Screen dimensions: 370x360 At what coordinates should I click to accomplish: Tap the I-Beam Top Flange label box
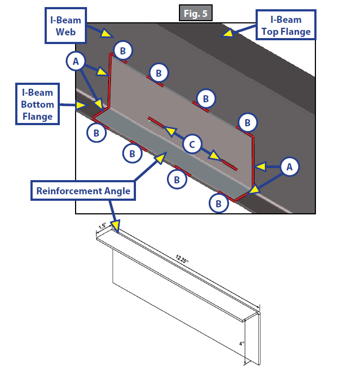[286, 25]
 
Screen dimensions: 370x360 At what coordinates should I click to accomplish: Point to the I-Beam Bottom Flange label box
[38, 104]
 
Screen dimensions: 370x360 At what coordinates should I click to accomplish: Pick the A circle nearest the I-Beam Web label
[77, 62]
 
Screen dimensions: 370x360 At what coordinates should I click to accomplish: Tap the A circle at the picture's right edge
[289, 168]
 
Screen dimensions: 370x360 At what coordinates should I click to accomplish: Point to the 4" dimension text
[241, 343]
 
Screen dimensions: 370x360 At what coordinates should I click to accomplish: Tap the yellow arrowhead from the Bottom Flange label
[81, 103]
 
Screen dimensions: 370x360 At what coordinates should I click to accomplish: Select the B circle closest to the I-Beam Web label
[123, 51]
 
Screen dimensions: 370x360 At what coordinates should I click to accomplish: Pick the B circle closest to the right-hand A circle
[247, 122]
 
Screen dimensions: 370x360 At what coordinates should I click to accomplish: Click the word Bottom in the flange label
[38, 104]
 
